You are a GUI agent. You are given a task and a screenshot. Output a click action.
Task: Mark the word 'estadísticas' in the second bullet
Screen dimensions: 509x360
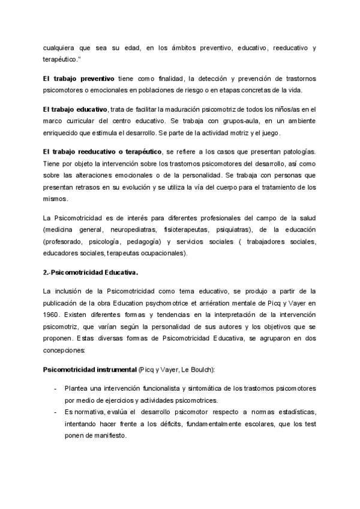[x=290, y=412]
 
